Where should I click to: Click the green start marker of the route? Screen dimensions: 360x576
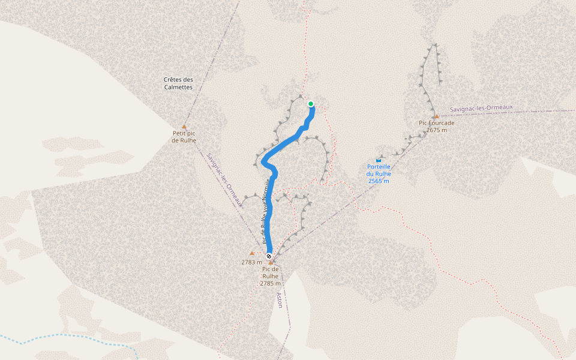(311, 104)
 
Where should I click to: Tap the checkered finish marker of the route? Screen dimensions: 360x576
(269, 256)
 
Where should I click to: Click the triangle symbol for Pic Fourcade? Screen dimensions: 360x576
(436, 116)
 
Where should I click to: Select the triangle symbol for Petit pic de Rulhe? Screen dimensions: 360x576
(184, 127)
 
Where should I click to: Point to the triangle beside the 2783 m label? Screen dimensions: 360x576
(252, 253)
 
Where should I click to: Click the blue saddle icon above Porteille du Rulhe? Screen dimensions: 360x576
(379, 160)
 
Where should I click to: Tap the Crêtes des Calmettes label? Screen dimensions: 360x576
(178, 83)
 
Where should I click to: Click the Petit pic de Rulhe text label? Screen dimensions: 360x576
(184, 137)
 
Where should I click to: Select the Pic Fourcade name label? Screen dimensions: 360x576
(436, 123)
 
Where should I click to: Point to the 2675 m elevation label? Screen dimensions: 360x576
(436, 130)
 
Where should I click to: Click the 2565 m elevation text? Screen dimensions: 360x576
(379, 181)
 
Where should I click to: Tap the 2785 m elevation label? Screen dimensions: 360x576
(271, 283)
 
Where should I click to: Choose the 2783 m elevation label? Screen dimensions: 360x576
(252, 262)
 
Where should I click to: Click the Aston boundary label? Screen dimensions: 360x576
(279, 299)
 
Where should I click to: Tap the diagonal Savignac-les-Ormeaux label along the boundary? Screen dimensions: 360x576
(224, 180)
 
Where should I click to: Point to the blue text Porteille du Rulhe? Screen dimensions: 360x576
(379, 170)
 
